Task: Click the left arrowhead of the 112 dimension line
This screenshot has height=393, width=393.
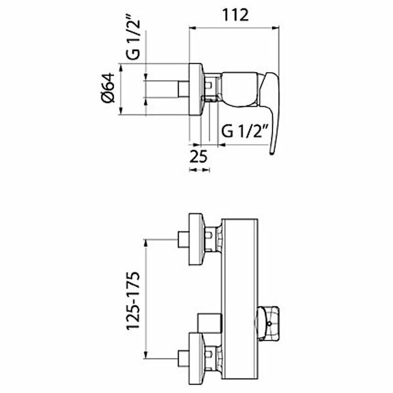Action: click(x=191, y=28)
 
